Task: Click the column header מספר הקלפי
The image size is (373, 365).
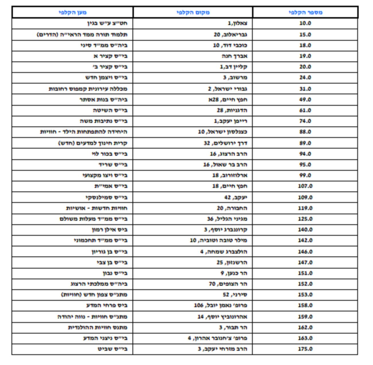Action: (305, 12)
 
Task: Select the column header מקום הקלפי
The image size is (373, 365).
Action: (193, 12)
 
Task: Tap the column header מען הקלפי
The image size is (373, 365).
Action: (73, 12)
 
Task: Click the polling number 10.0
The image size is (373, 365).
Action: (305, 23)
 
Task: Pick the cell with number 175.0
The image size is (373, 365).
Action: (305, 349)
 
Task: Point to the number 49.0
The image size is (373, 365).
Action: (305, 100)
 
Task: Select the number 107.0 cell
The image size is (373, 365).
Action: (305, 186)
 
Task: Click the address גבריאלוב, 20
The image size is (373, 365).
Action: (230, 35)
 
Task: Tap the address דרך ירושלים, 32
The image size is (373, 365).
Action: (226, 143)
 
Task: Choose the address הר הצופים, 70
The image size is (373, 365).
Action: (228, 284)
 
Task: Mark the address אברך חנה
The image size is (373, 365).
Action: (234, 56)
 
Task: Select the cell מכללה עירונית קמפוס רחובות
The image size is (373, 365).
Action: (88, 89)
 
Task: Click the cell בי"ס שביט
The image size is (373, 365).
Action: (112, 349)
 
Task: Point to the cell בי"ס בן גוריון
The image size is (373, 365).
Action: (109, 252)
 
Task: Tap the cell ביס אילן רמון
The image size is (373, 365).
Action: (110, 230)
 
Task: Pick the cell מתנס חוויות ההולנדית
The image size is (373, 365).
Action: (98, 327)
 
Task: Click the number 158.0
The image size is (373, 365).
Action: (305, 305)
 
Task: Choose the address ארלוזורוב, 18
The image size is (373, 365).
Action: (230, 175)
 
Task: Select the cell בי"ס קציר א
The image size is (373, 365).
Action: (110, 56)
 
